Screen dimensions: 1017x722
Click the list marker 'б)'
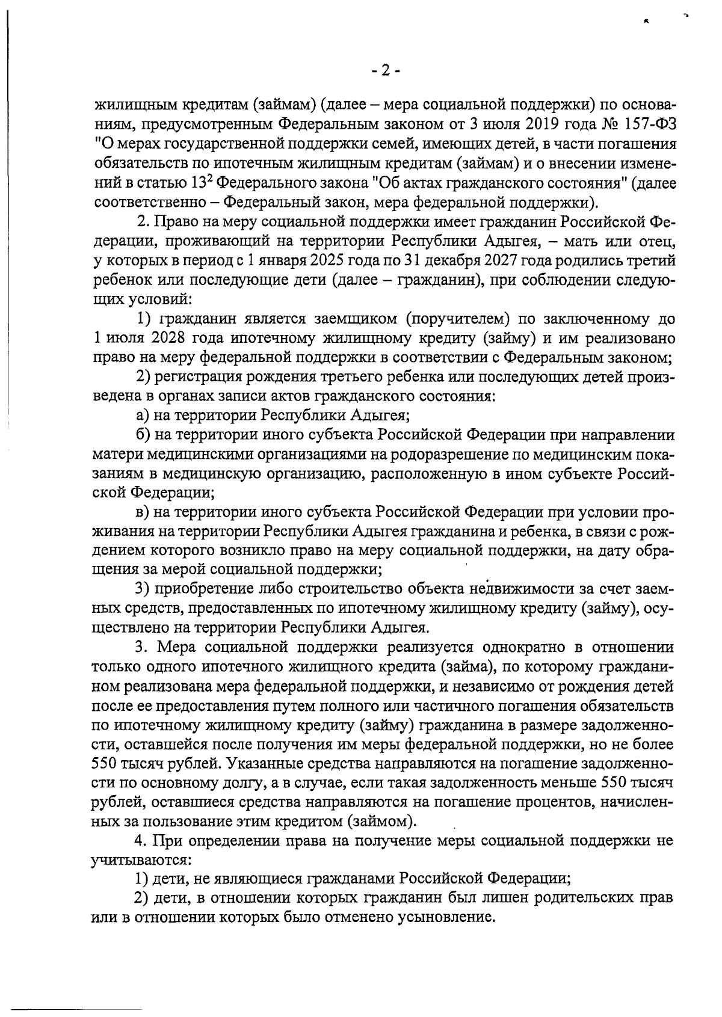coord(143,435)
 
